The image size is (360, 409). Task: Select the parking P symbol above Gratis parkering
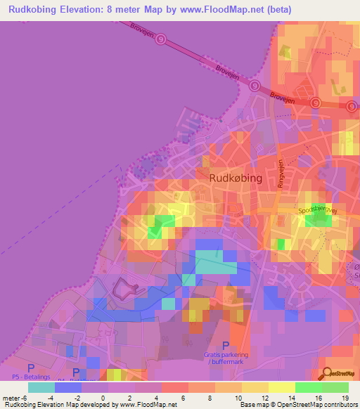225,345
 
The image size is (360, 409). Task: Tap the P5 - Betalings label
31,377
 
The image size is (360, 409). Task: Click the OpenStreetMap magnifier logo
328,373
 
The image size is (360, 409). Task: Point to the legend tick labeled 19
345,398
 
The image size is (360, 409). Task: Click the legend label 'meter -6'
15,398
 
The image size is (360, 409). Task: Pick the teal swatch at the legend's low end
41,387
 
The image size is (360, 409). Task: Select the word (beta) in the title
276,10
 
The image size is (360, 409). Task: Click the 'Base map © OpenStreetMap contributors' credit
298,405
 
